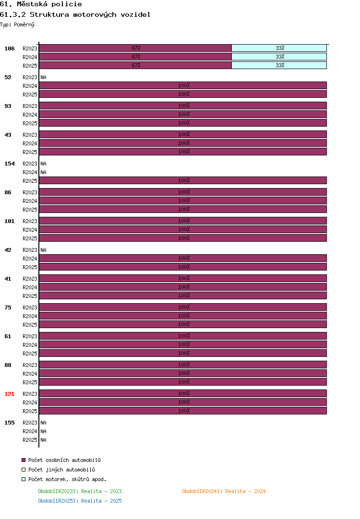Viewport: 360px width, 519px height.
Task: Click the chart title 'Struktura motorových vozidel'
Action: tap(90, 14)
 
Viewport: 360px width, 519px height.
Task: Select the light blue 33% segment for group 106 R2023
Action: tap(279, 48)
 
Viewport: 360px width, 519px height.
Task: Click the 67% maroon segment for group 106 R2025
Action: tap(135, 65)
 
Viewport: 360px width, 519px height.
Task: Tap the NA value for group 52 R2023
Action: tap(43, 77)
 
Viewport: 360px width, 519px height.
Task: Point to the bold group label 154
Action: tap(10, 164)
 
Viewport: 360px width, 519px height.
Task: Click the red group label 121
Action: tap(10, 393)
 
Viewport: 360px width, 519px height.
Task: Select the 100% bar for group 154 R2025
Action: tap(183, 180)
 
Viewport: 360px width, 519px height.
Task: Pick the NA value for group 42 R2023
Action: tap(43, 250)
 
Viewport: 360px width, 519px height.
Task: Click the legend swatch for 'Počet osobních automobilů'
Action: tap(24, 460)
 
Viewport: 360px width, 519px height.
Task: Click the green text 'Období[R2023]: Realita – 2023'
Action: tap(80, 491)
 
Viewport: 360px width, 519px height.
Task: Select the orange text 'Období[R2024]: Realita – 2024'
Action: tap(224, 491)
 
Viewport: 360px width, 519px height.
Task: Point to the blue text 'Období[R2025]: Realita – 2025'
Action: tap(80, 501)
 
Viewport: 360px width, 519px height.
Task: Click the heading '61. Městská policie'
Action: tap(41, 4)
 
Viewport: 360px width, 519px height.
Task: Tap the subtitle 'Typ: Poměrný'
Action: tap(17, 24)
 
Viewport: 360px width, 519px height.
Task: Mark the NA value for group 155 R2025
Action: tap(43, 440)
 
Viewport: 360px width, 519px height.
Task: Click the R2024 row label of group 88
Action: tap(30, 374)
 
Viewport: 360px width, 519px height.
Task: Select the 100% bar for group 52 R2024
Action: tap(183, 85)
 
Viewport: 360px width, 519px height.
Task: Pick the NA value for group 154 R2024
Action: tap(43, 172)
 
